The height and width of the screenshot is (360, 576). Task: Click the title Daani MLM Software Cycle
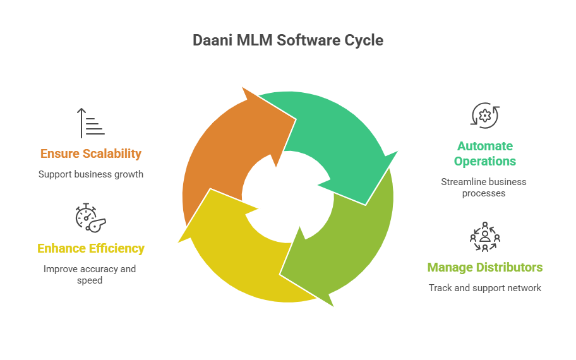[288, 40]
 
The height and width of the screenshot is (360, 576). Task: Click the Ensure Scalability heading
[90, 153]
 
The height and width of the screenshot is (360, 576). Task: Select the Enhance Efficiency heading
[91, 248]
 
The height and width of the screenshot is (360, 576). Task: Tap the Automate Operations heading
[484, 153]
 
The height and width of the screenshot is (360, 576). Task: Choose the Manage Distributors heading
[484, 267]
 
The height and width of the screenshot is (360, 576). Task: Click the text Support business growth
[90, 174]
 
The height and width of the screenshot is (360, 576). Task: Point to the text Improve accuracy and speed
[90, 274]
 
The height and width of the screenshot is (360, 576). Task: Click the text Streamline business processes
[484, 187]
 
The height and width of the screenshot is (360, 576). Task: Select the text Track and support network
[484, 288]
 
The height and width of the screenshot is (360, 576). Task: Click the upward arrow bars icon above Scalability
[90, 123]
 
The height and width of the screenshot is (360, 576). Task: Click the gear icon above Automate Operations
[484, 116]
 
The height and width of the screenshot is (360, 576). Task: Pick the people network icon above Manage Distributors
[484, 237]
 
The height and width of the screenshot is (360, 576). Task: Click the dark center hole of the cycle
[288, 196]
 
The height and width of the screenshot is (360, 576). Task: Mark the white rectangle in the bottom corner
[522, 342]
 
